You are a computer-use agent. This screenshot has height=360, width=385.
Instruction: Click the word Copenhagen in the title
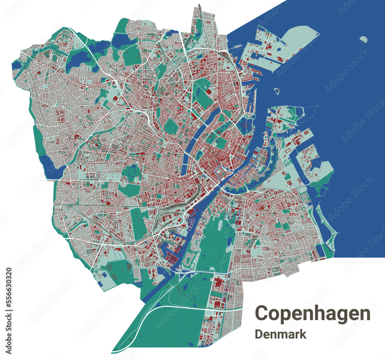click(313, 313)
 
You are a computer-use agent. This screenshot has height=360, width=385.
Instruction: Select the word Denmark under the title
click(281, 334)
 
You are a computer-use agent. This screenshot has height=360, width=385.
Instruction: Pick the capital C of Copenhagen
click(262, 313)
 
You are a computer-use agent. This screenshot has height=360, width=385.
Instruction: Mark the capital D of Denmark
click(259, 334)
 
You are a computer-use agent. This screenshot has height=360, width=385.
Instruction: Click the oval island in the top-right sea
click(363, 39)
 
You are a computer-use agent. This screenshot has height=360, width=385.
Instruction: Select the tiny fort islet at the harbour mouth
click(276, 91)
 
